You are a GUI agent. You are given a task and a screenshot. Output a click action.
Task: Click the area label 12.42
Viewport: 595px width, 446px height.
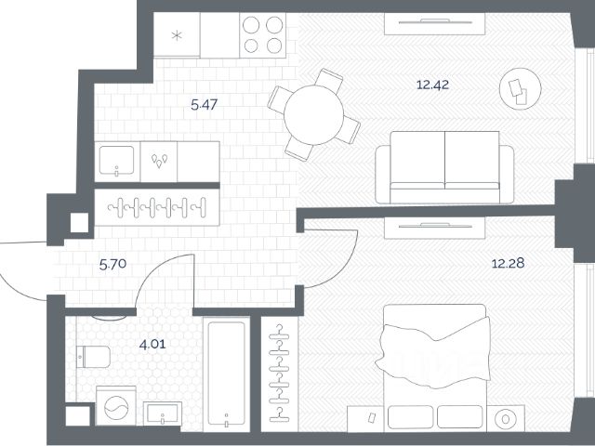[x=432, y=85]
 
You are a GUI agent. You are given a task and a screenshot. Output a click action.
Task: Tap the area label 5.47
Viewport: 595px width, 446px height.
[x=205, y=104]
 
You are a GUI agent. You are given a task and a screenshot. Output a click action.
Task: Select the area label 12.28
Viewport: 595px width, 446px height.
[x=508, y=263]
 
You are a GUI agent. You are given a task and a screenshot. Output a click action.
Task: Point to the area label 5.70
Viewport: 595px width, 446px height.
[x=112, y=264]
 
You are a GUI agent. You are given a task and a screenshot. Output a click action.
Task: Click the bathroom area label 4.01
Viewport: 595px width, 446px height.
[x=152, y=345]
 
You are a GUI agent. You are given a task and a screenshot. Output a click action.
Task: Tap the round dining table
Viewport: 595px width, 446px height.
[x=314, y=115]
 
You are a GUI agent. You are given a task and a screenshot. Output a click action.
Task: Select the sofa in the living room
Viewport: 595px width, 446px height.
[x=444, y=167]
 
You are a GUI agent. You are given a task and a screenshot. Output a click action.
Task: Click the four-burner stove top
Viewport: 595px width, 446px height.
[x=262, y=35]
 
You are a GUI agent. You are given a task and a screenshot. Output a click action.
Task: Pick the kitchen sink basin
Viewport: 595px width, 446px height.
[x=116, y=161]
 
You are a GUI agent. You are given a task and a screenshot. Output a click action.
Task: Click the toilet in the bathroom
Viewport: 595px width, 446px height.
[x=93, y=357]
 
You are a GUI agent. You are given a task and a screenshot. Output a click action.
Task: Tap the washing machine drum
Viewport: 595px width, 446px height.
[x=116, y=408]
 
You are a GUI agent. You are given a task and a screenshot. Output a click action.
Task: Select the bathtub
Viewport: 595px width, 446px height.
[x=226, y=374]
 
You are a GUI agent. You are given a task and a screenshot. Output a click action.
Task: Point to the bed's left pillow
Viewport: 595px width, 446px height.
[x=410, y=417]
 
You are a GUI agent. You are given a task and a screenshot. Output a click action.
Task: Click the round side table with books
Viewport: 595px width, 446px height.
[x=520, y=89]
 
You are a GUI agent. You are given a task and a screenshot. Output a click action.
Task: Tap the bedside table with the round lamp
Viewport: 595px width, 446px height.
[x=506, y=419]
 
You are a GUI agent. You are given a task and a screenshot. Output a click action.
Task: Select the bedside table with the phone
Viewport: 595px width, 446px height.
[x=365, y=419]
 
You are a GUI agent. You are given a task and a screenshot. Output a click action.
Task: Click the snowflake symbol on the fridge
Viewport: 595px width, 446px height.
[x=177, y=35]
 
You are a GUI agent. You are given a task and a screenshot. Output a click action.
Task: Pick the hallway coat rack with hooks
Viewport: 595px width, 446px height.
[x=157, y=207]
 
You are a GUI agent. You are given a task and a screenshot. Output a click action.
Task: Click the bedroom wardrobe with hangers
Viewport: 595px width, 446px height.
[x=280, y=374]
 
